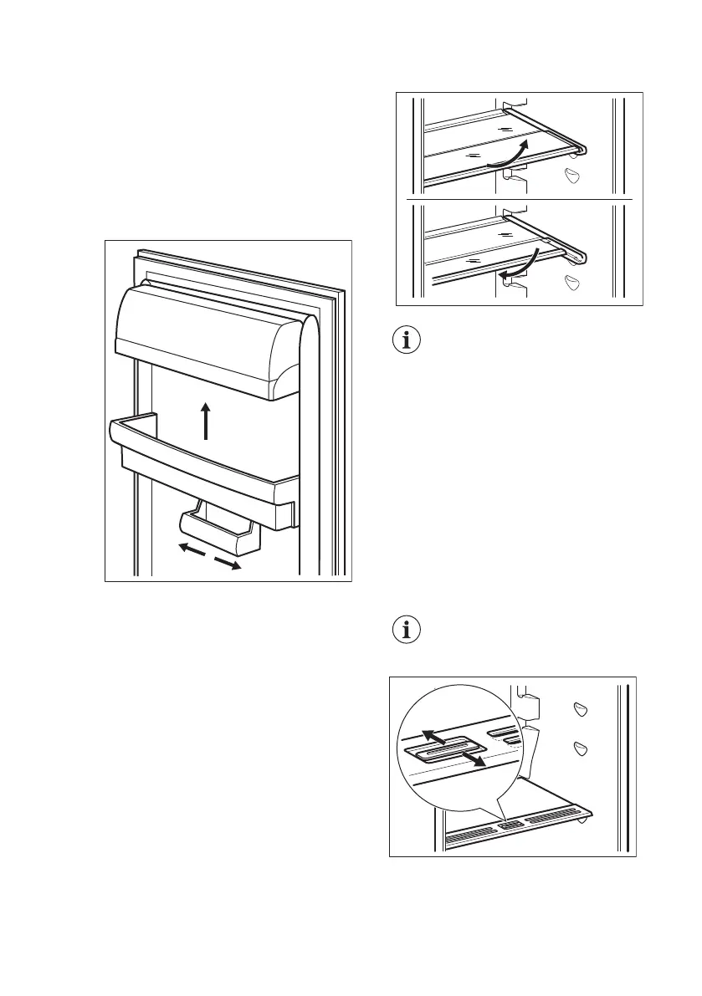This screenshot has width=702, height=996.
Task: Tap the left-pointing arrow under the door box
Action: [x=191, y=549]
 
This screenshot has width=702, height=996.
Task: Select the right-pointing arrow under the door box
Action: [x=227, y=564]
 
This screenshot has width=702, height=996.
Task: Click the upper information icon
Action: [x=407, y=341]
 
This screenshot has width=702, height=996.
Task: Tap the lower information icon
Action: [x=407, y=631]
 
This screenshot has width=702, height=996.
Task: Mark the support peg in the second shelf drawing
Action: [x=571, y=282]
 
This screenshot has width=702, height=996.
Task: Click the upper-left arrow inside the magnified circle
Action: [x=433, y=736]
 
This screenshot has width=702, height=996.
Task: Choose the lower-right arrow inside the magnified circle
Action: [x=477, y=761]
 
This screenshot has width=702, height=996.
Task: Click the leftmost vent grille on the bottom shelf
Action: [x=469, y=833]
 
